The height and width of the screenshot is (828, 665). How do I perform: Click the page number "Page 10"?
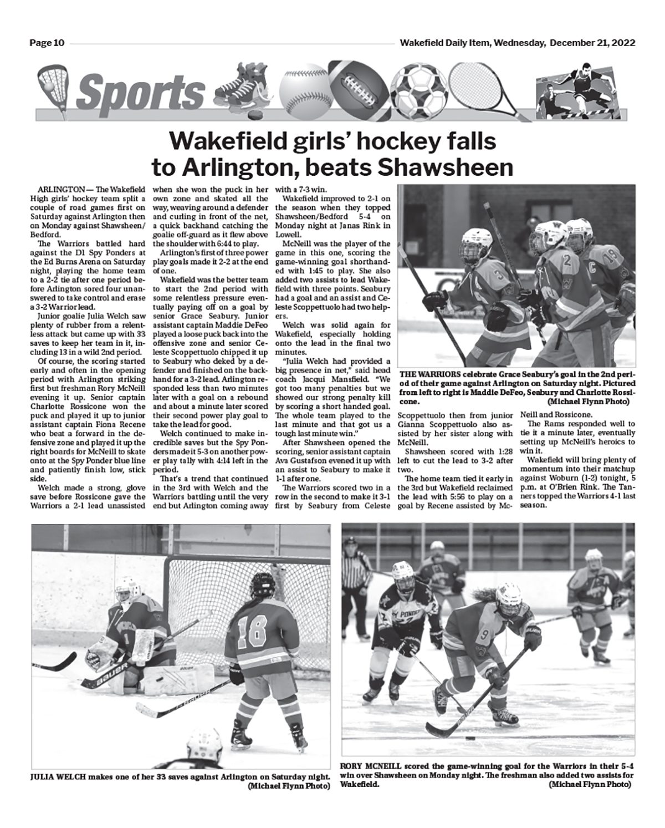coord(47,43)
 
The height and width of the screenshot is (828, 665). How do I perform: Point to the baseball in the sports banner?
coord(304,92)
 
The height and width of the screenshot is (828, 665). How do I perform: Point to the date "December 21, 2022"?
coord(592,43)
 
